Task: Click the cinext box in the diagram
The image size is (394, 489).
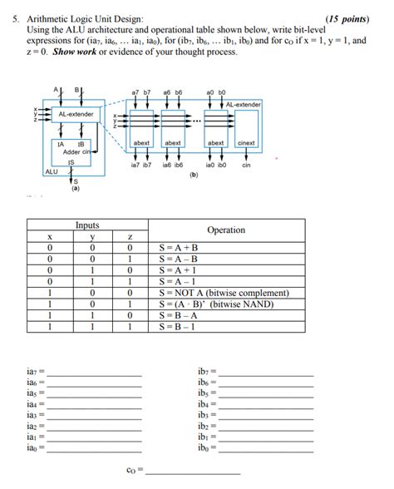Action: point(246,143)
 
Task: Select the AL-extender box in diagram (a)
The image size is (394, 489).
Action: point(76,114)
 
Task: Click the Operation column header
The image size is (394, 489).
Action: point(225,230)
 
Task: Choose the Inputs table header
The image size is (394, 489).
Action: point(87,225)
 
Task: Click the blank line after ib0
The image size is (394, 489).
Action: point(266,449)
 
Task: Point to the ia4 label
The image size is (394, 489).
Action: point(35,403)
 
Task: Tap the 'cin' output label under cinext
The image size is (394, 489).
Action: point(246,165)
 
